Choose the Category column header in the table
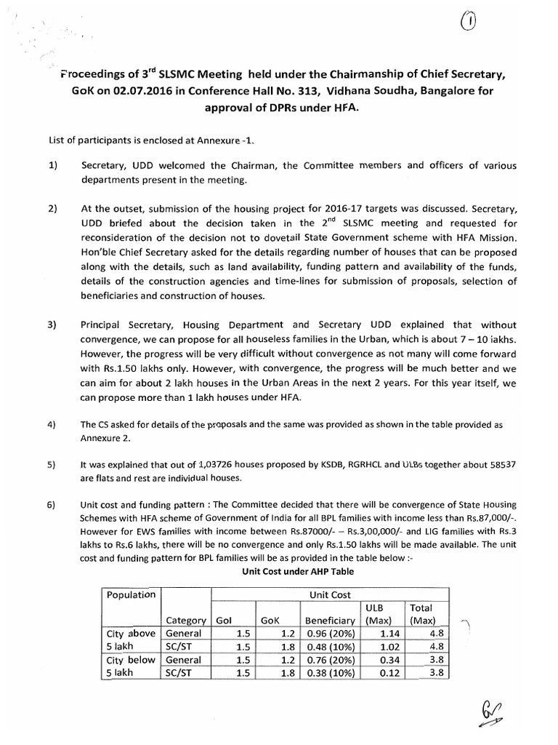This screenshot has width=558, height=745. click(x=185, y=621)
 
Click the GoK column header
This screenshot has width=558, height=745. click(x=270, y=621)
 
